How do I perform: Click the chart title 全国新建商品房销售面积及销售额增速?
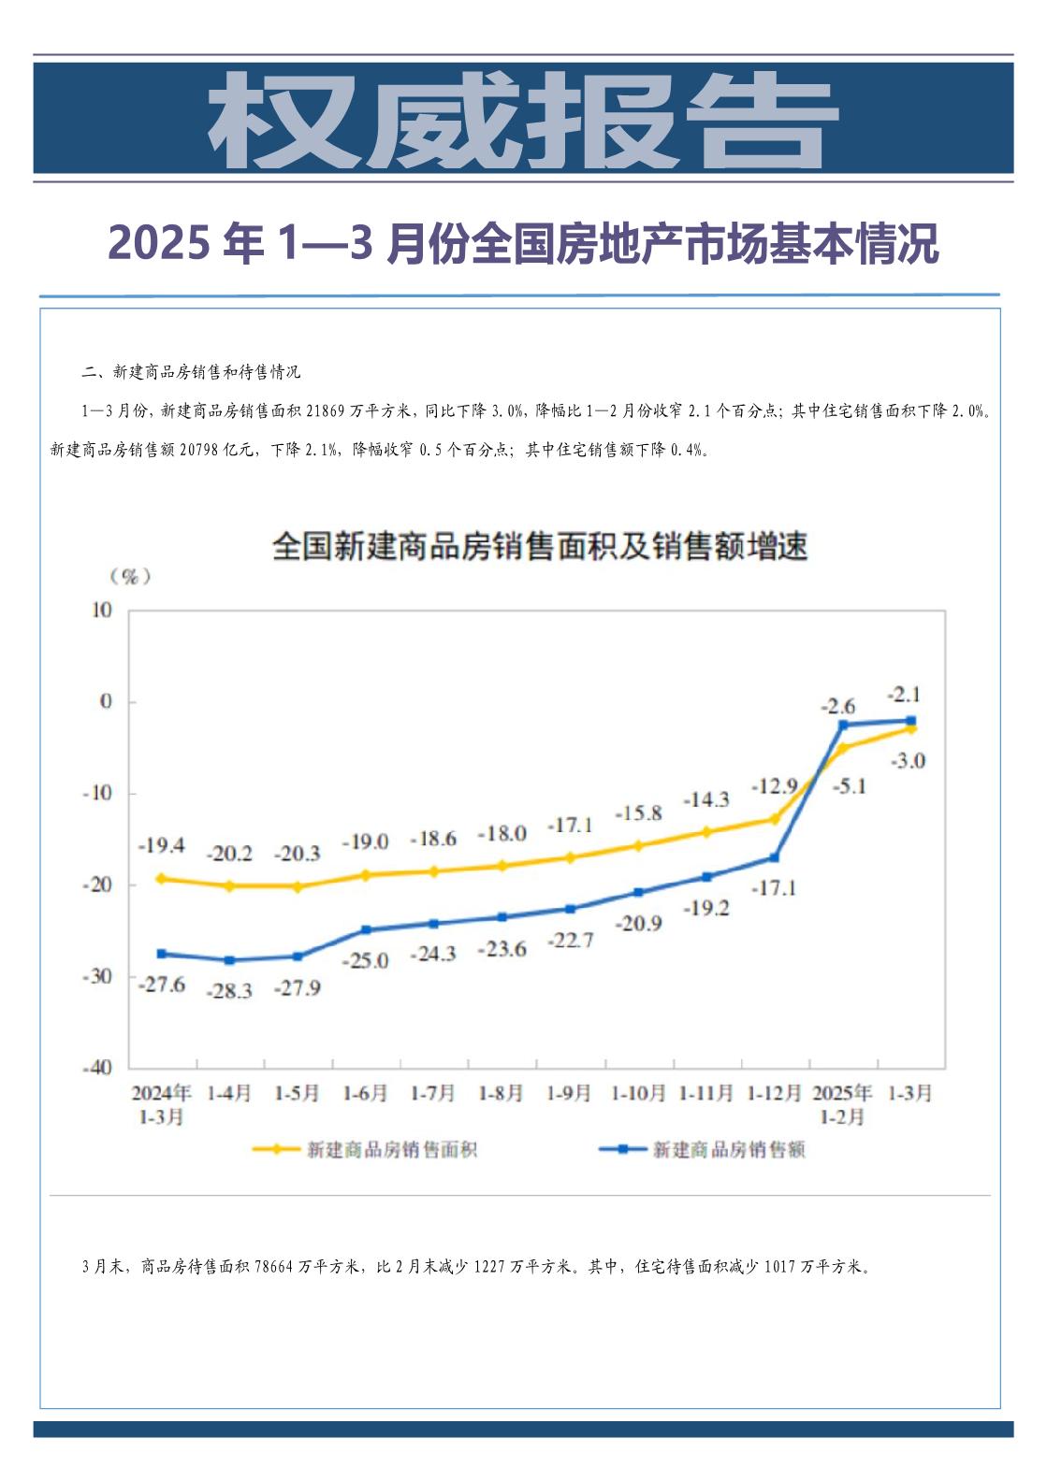pyautogui.click(x=540, y=546)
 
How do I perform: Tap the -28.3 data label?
pyautogui.click(x=229, y=991)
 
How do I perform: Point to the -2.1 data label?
pyautogui.click(x=904, y=694)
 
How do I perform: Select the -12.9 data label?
pyautogui.click(x=774, y=786)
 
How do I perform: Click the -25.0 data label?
pyautogui.click(x=366, y=960)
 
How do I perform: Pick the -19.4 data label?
pyautogui.click(x=161, y=845)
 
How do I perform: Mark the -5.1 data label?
pyautogui.click(x=848, y=786)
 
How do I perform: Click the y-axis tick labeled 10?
pyautogui.click(x=102, y=611)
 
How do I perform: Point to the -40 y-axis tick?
pyautogui.click(x=97, y=1067)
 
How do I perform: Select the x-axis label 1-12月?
pyautogui.click(x=774, y=1093)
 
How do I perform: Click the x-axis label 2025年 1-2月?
pyautogui.click(x=842, y=1103)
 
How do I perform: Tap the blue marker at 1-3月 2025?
pyautogui.click(x=910, y=720)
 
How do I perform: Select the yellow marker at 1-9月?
pyautogui.click(x=570, y=857)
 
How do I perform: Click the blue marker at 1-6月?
pyautogui.click(x=366, y=929)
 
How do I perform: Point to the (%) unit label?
pyautogui.click(x=130, y=576)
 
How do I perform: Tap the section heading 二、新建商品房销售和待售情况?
pyautogui.click(x=191, y=372)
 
